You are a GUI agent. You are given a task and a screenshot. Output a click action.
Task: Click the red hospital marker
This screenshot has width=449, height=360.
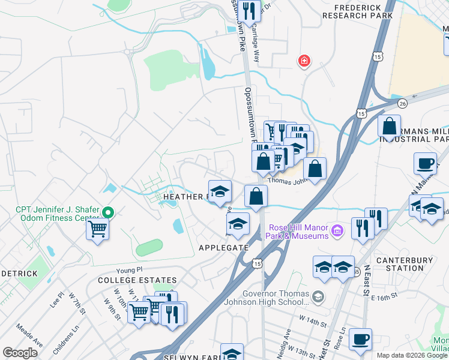[304, 61]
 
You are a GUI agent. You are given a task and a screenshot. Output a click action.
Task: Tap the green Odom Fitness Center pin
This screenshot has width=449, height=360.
[108, 212]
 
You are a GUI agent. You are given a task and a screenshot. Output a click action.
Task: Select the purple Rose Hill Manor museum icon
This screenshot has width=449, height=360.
[338, 230]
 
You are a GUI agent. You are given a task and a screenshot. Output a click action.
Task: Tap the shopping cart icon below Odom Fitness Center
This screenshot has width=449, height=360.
[97, 229]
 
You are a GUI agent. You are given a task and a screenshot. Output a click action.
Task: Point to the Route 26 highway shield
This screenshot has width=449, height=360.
[402, 104]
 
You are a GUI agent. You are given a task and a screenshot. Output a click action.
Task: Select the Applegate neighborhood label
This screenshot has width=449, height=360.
[224, 247]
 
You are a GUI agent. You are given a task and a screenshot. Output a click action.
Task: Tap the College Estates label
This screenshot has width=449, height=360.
[137, 280]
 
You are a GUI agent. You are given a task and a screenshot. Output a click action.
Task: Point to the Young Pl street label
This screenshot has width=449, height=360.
[128, 270]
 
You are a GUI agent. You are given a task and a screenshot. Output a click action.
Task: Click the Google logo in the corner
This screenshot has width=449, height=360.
[20, 353]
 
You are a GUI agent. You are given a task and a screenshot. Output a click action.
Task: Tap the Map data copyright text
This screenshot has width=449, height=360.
[412, 355]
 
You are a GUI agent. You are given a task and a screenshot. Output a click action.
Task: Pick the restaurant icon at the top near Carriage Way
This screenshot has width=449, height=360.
[249, 10]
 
